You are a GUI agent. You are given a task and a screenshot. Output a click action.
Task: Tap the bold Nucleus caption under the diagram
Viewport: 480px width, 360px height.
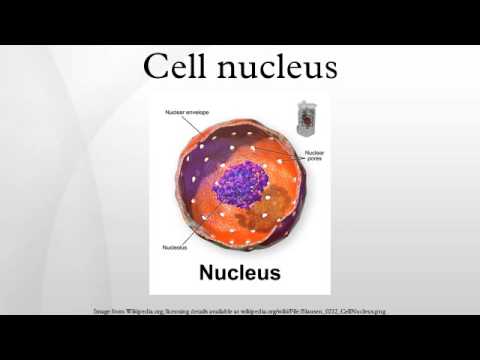(x=240, y=271)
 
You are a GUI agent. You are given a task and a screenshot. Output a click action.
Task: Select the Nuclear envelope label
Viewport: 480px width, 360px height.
(x=186, y=112)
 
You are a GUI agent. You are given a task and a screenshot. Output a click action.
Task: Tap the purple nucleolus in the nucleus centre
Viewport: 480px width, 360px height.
(x=241, y=186)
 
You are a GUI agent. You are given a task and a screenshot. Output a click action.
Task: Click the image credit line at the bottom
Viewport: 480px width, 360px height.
(x=240, y=311)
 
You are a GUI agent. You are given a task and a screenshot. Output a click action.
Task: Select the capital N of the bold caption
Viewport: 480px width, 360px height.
(x=208, y=271)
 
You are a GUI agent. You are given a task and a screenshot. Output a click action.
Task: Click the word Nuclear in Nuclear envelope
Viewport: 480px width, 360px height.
(x=176, y=112)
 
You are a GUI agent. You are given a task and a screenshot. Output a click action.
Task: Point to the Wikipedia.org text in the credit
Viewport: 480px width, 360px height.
(x=138, y=311)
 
